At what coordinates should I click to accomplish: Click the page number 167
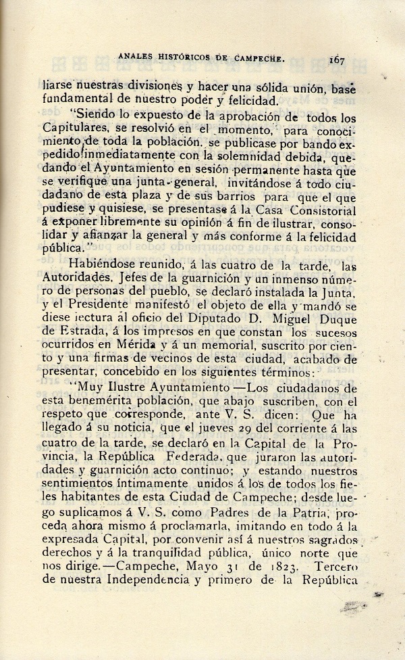coord(337,60)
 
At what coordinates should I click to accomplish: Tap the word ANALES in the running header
coord(135,59)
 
